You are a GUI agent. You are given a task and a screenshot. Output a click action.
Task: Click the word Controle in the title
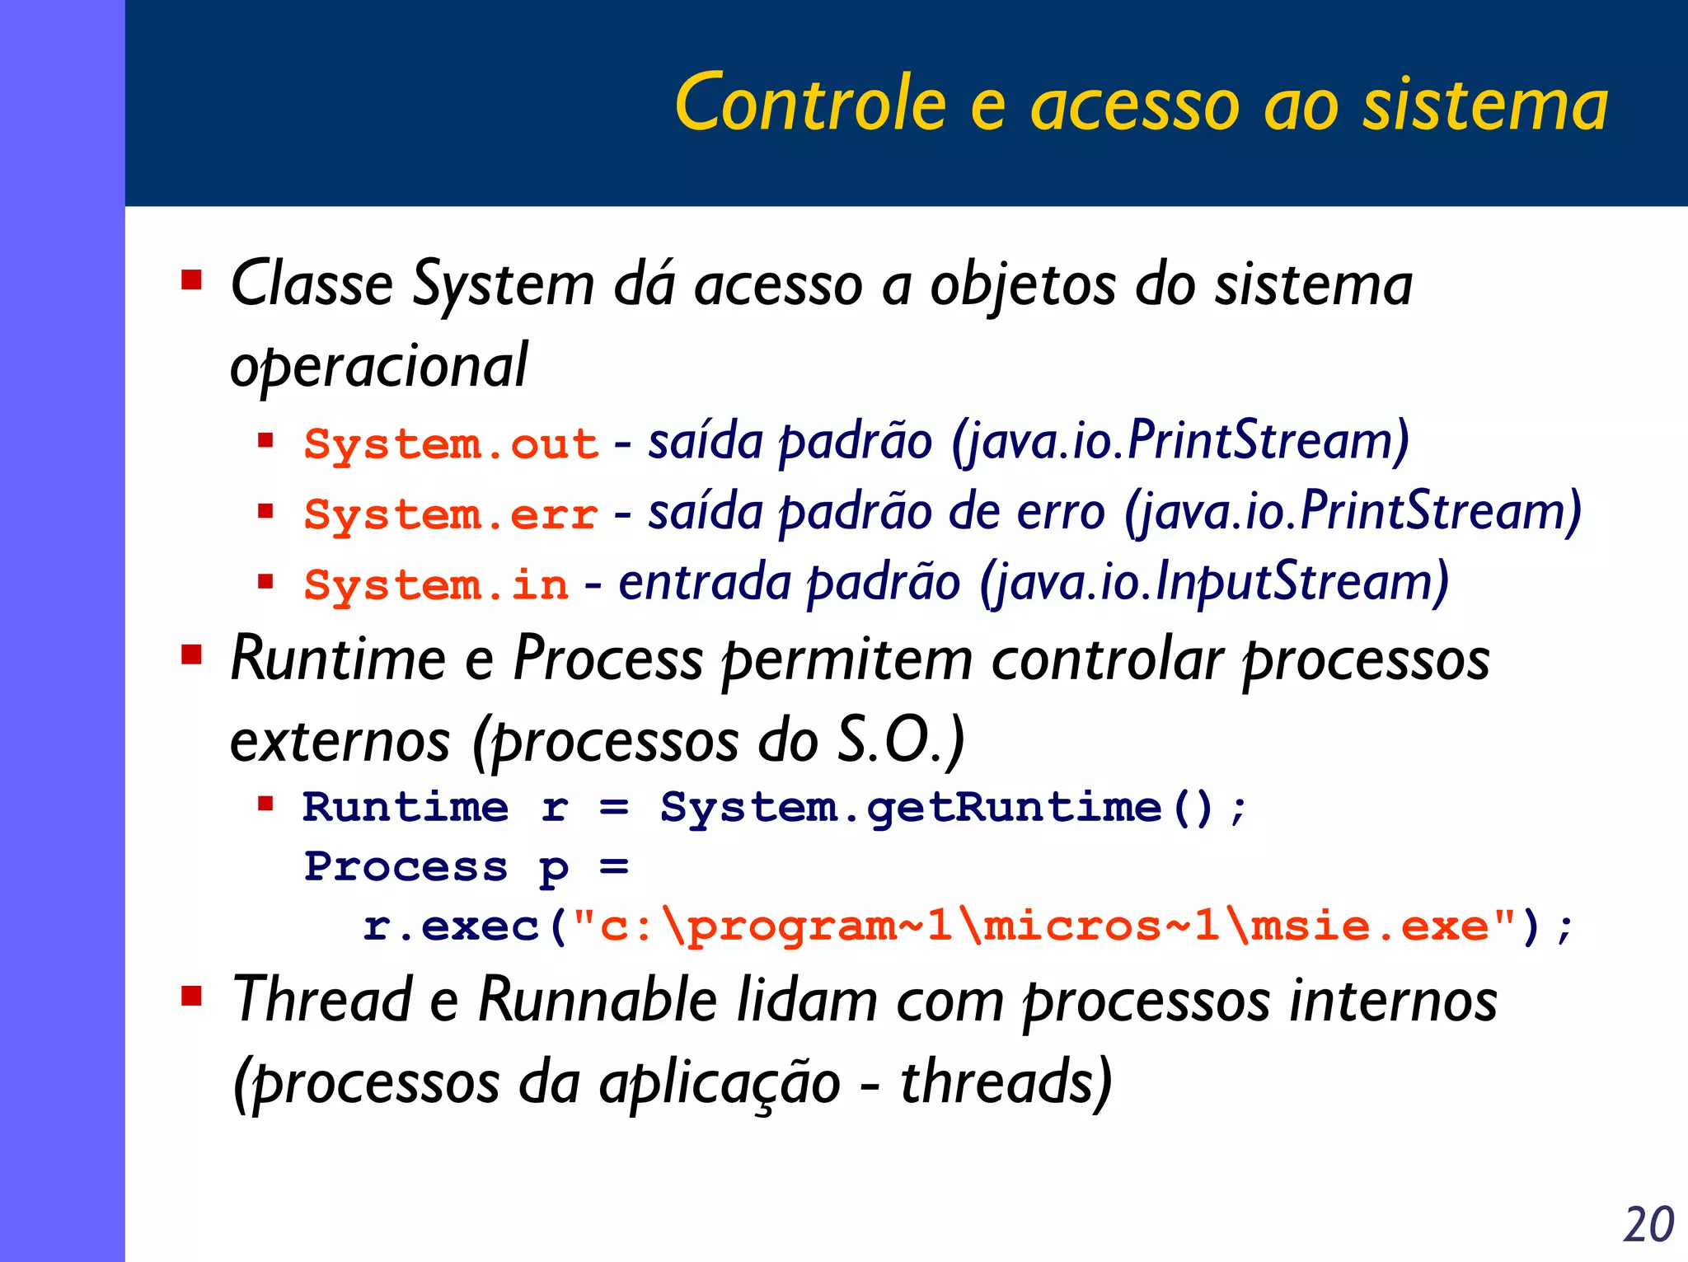point(810,103)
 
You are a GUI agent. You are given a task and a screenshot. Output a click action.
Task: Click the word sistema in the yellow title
point(1484,103)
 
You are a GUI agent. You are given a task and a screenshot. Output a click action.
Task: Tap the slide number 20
point(1648,1225)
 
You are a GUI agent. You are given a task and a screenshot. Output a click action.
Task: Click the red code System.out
point(450,444)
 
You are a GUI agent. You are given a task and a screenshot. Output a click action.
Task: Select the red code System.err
point(450,515)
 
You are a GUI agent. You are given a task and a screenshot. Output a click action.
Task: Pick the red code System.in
point(436,585)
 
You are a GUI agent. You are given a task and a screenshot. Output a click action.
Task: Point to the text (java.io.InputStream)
point(1213,582)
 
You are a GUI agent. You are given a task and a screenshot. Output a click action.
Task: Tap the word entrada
point(705,582)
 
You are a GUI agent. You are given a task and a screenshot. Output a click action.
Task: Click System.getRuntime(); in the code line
point(952,807)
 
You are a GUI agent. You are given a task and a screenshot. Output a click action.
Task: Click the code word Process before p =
point(406,867)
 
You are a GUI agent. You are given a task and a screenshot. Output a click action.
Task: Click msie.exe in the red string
point(1368,927)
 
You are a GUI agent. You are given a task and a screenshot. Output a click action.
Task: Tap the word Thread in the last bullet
point(322,1000)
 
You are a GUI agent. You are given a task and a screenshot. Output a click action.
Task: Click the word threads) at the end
point(1005,1081)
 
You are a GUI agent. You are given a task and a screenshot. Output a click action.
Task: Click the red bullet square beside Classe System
point(192,280)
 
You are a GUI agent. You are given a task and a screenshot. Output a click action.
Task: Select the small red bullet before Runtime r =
point(265,804)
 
